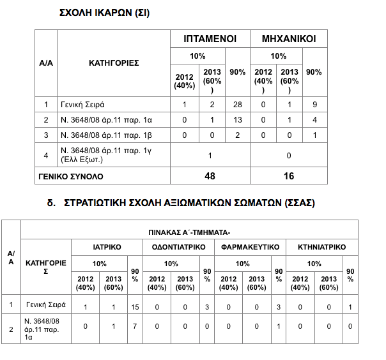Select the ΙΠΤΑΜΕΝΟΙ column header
(211, 38)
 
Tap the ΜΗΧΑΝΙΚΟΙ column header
(289, 38)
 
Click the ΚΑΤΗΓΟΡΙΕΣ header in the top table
(114, 63)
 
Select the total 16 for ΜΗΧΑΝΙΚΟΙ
(288, 175)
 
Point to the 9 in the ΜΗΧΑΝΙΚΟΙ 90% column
(314, 104)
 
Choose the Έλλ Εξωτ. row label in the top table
(105, 154)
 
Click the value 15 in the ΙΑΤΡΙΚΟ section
(135, 308)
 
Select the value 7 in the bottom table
(135, 327)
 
